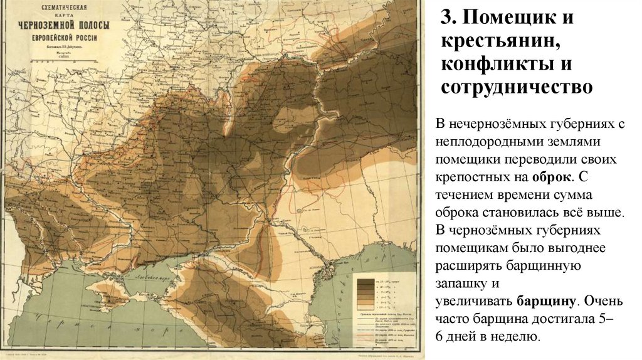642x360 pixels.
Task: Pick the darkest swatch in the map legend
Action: [x=362, y=282]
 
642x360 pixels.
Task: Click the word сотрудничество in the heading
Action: [x=516, y=87]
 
